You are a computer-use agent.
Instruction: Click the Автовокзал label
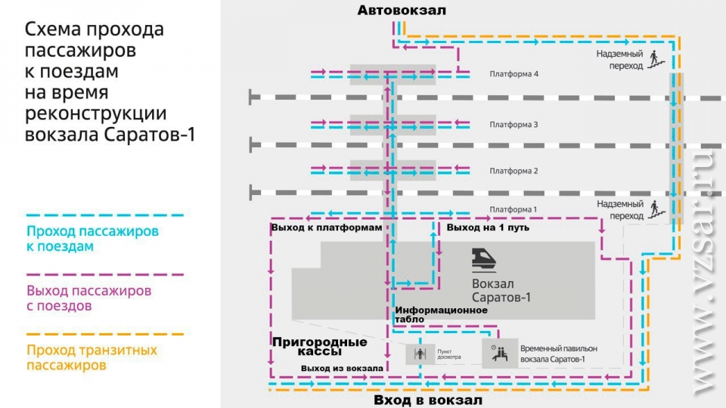(x=402, y=10)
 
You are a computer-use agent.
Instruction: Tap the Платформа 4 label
(x=513, y=75)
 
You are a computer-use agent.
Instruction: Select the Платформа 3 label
(x=513, y=125)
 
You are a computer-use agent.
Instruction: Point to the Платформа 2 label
(x=513, y=172)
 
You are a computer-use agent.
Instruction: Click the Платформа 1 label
(x=513, y=209)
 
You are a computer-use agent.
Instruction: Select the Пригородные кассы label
(x=319, y=347)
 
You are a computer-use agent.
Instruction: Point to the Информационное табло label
(x=440, y=314)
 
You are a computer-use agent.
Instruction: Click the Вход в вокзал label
(x=427, y=400)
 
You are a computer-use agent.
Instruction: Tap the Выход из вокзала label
(x=341, y=368)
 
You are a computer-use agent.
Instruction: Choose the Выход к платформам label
(x=326, y=227)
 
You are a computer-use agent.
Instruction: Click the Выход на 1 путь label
(x=487, y=227)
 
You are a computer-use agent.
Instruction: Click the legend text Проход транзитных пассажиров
(x=92, y=357)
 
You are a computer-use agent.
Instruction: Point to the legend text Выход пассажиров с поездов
(x=88, y=298)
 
